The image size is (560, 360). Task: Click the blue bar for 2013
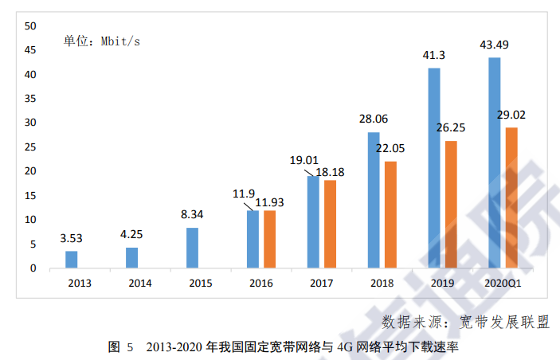click(72, 260)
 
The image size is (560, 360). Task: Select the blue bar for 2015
click(192, 248)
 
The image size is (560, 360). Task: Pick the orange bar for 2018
click(390, 214)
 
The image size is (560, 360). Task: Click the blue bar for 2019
click(434, 168)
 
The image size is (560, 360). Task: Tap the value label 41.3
click(434, 55)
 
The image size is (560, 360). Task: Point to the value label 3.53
click(72, 237)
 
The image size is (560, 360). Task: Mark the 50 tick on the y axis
click(30, 25)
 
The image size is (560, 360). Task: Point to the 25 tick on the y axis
click(30, 147)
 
